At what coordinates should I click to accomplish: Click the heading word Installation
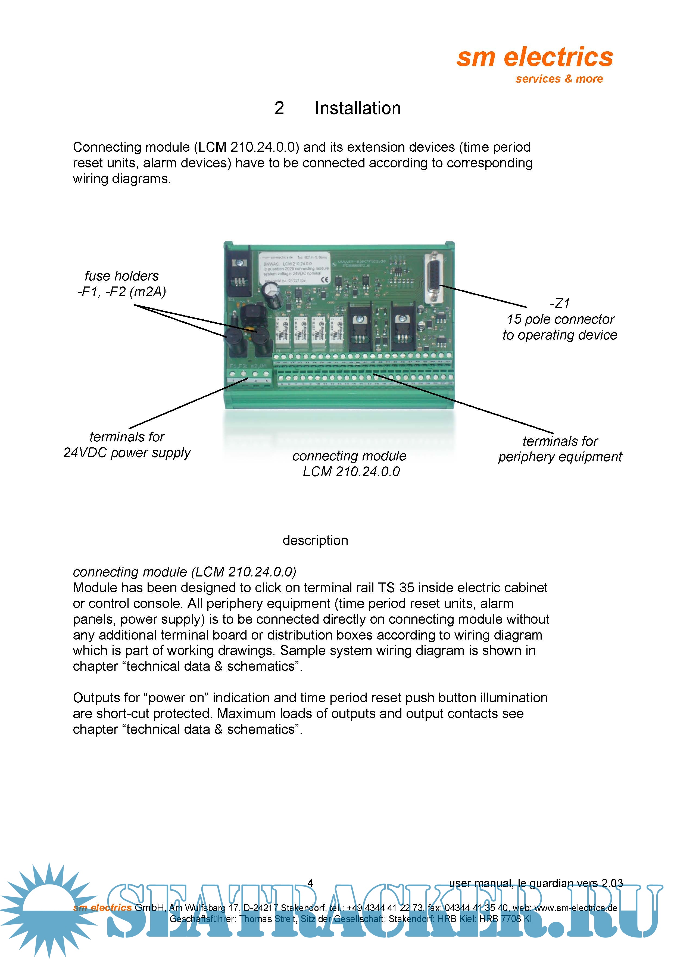coord(357,108)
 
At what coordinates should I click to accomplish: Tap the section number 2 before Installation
coord(279,108)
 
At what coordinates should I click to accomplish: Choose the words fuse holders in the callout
coord(122,276)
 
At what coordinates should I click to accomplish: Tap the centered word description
coord(315,540)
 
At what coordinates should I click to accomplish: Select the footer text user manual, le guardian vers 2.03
coord(536,883)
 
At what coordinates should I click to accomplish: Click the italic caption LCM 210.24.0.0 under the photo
coord(351,472)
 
